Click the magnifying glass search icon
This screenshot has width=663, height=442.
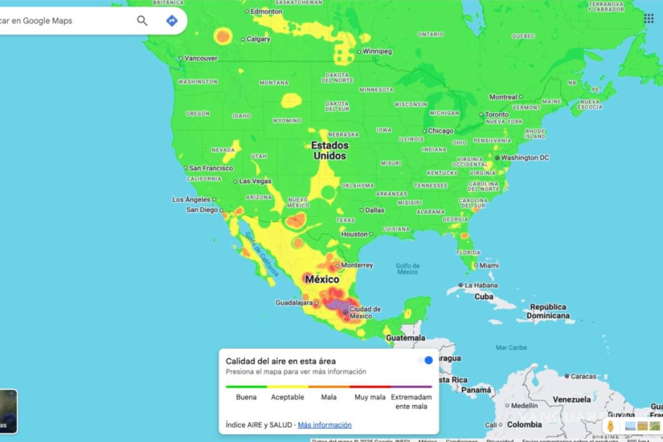[x=142, y=21]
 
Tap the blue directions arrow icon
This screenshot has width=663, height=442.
[x=172, y=21]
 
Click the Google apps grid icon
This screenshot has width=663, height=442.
[x=649, y=19]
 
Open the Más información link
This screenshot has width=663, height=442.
[x=324, y=425]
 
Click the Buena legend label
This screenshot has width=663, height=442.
[x=246, y=397]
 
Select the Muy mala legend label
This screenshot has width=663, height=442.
[x=370, y=397]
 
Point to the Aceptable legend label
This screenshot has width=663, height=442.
[x=287, y=397]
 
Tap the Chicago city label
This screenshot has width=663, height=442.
[x=440, y=131]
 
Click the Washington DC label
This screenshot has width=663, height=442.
[x=525, y=157]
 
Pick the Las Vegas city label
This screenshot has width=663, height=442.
[x=255, y=181]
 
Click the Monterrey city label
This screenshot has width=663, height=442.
[x=357, y=265]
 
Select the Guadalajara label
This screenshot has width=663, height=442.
[x=294, y=303]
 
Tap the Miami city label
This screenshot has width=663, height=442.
[x=489, y=265]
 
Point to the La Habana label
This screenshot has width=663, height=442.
[x=481, y=285]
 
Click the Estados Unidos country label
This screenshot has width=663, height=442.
[x=330, y=150]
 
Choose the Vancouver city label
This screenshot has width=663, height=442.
[x=201, y=58]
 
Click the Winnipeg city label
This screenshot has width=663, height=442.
[x=377, y=51]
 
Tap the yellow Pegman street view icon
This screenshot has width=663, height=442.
[x=611, y=427]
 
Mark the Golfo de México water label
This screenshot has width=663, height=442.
[x=407, y=269]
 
